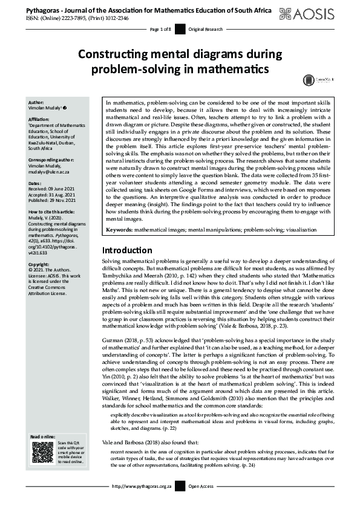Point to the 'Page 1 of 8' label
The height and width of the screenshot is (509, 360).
click(160, 30)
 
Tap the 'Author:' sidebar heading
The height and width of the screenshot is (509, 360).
click(36, 103)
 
